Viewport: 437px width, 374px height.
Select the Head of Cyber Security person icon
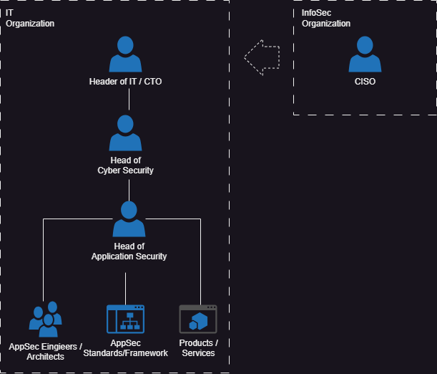pos(125,132)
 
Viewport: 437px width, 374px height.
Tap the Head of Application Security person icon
pos(129,219)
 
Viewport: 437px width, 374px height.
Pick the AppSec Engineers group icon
pos(45,320)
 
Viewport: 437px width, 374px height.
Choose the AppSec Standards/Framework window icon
pos(125,319)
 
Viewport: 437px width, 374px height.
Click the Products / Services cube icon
pos(198,319)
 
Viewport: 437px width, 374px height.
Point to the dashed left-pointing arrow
pos(261,56)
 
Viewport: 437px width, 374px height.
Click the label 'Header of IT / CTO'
pos(125,82)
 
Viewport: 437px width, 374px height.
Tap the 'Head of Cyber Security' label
pos(125,166)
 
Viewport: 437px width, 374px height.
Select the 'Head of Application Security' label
pos(129,251)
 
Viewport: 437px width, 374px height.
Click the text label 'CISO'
pos(365,82)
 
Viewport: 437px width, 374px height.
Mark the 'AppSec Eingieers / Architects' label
pos(45,351)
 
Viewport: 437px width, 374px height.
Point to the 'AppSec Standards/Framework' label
pos(125,347)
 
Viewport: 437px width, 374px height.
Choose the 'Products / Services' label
pos(198,347)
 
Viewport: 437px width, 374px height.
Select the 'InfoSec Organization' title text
pos(326,19)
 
